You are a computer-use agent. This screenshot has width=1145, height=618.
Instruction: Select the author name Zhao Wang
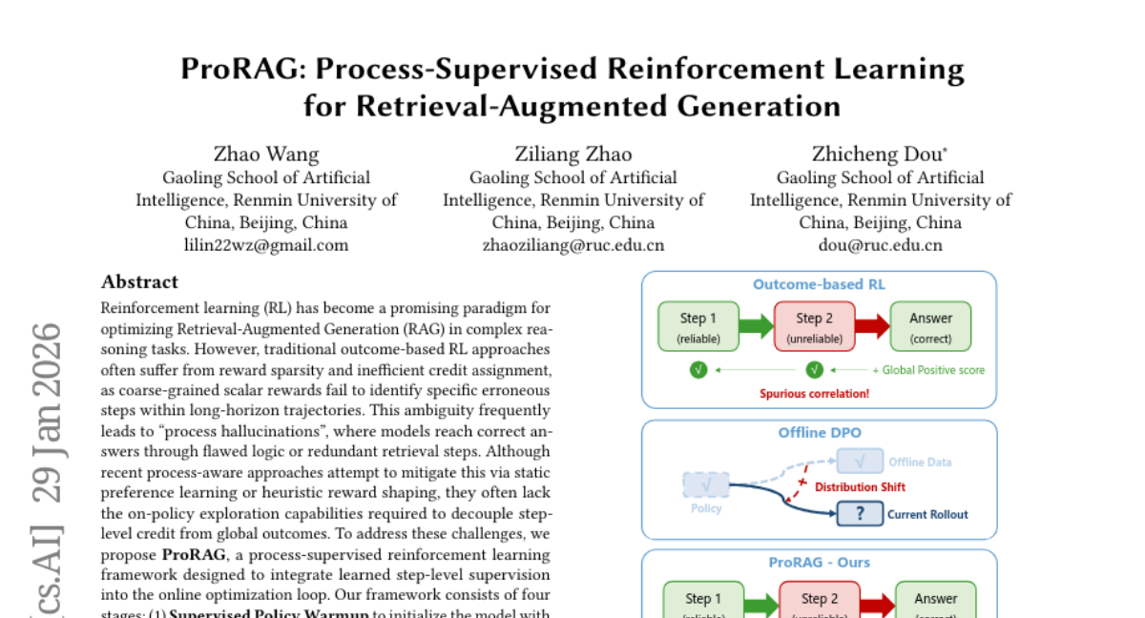click(266, 154)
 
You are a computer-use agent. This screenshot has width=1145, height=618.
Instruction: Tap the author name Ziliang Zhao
click(573, 154)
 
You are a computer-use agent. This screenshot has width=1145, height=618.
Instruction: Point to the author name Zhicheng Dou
click(878, 154)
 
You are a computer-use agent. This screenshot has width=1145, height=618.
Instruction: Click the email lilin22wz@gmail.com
click(266, 245)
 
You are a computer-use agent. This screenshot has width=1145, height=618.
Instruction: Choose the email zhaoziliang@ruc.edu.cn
click(573, 245)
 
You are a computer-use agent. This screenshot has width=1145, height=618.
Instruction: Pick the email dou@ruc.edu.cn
click(881, 245)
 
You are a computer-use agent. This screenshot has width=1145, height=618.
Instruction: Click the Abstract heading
click(139, 281)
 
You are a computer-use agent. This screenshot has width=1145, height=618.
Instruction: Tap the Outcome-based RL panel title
click(819, 284)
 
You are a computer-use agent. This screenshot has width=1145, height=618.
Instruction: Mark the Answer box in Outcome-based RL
click(930, 326)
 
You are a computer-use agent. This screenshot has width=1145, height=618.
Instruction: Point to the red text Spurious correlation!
click(814, 393)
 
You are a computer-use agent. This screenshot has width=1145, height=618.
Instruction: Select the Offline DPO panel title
click(819, 432)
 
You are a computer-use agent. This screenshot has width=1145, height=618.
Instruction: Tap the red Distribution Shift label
click(860, 486)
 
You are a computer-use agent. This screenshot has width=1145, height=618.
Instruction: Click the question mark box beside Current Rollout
click(860, 514)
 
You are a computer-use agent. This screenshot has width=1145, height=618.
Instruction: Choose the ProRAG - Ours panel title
click(819, 562)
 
